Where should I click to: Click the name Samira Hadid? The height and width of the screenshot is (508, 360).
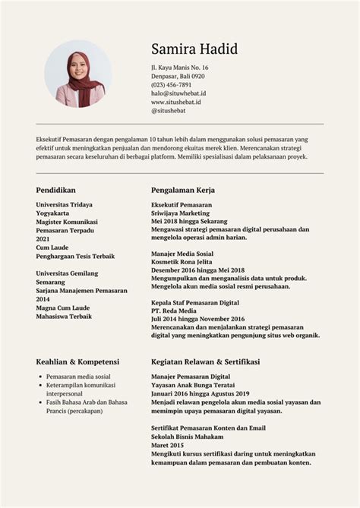pos(194,50)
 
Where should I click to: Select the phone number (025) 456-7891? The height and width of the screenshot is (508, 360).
pos(171,85)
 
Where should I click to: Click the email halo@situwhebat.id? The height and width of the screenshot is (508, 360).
pos(178,93)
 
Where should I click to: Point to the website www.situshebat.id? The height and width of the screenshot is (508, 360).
pos(175,102)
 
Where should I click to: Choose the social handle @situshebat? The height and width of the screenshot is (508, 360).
pos(168,110)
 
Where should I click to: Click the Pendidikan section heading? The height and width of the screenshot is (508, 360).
pos(56,190)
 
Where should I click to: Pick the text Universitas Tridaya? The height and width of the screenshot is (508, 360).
pos(69,205)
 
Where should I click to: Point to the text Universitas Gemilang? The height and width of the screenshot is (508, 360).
pos(72,272)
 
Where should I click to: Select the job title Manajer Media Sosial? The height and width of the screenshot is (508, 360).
pos(182,254)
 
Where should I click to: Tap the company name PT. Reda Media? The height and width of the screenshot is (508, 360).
pos(174,311)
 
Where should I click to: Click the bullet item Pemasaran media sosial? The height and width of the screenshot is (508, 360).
pos(78,377)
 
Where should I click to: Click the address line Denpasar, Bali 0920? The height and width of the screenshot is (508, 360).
pos(178,77)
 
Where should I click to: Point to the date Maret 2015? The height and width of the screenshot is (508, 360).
pos(168,446)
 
